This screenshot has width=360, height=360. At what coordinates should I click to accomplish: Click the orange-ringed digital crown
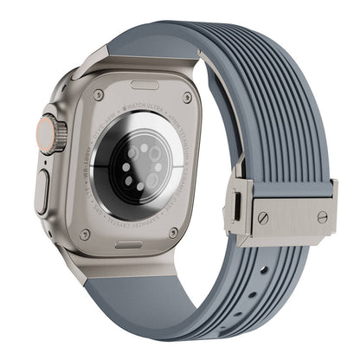coord(55,135)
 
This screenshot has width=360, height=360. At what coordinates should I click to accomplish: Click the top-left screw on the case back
coord(98,94)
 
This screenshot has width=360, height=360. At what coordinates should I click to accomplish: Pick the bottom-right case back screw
coord(174,232)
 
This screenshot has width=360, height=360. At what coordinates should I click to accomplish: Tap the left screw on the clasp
coord(262,218)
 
